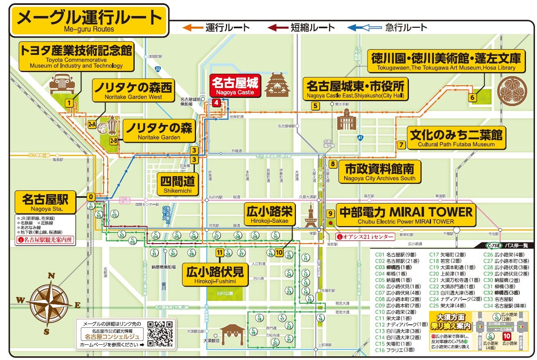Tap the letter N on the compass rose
click(51, 276)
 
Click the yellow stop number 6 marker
click(472, 97)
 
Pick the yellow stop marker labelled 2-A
click(92, 124)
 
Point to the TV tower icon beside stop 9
click(311, 216)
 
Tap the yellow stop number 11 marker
click(220, 253)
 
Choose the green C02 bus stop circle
click(115, 213)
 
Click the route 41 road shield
click(360, 138)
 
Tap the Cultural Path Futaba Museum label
click(456, 138)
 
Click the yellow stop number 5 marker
click(315, 106)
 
